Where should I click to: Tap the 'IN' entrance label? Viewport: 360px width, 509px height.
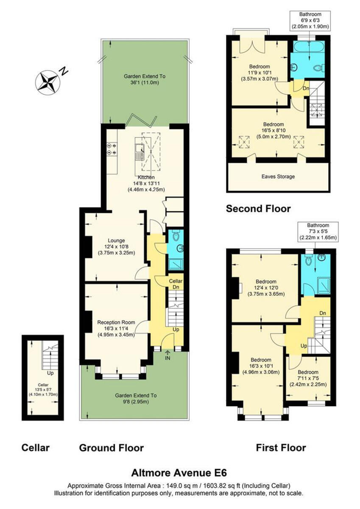[x=168, y=358]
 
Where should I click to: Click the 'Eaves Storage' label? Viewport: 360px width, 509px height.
[x=278, y=176]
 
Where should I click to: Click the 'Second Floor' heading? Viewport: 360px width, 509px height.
[x=258, y=209]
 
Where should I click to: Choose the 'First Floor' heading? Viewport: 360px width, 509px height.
[x=281, y=447]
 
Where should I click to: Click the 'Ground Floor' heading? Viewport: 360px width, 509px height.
[x=112, y=447]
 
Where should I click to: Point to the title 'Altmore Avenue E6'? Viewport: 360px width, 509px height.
[x=182, y=472]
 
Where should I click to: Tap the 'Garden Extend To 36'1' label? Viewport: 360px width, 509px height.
[x=145, y=79]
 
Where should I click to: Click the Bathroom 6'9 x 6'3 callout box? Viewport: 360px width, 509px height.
[x=310, y=20]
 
